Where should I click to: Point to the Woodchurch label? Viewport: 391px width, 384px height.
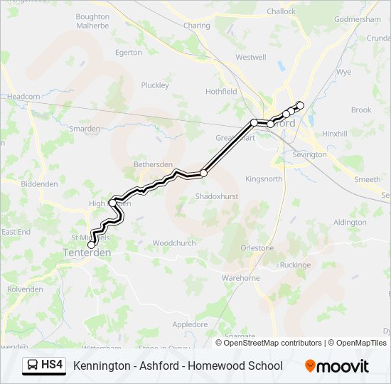[x=173, y=242]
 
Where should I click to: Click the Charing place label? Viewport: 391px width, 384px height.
[x=197, y=26]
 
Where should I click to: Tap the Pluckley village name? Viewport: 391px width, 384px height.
[x=155, y=85]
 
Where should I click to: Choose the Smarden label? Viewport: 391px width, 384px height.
[x=85, y=129]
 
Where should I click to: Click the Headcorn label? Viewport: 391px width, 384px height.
[x=23, y=97]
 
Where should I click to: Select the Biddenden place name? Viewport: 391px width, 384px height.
[x=39, y=183]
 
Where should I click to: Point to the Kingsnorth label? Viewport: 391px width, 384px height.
[x=264, y=178]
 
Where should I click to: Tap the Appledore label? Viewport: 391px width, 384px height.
[x=190, y=324]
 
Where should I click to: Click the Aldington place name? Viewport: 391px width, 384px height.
[x=350, y=222]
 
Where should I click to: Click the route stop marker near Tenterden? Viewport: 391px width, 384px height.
[x=91, y=245]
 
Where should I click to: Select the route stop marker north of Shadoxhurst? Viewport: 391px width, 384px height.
[x=203, y=173]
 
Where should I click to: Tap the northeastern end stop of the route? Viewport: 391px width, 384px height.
[x=300, y=106]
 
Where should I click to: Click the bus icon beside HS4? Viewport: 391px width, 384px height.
[x=33, y=366]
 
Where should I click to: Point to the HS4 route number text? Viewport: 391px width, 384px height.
[x=52, y=366]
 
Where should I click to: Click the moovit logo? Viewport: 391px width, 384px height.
[x=337, y=366]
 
